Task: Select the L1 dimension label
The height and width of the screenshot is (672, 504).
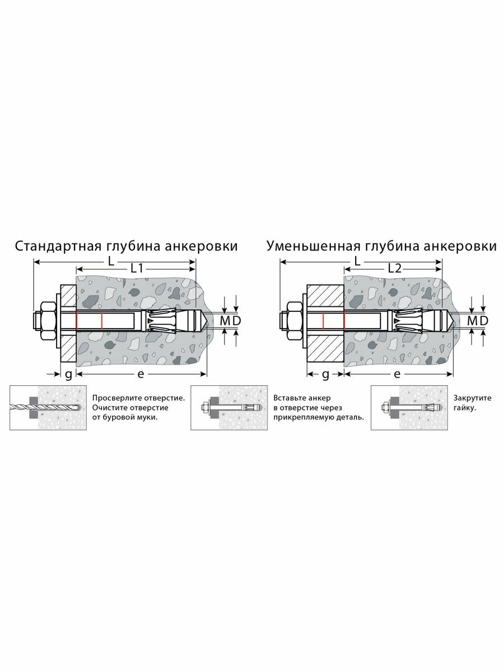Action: (x=137, y=269)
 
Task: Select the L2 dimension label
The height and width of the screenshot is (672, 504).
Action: (x=395, y=269)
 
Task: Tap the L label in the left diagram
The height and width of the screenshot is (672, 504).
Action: (x=111, y=261)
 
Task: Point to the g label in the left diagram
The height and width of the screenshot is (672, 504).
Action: (x=68, y=374)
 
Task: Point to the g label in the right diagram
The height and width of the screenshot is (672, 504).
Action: (x=325, y=374)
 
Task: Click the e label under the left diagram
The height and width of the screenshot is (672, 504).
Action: (x=138, y=374)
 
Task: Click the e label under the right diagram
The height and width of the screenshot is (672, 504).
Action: (x=397, y=374)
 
